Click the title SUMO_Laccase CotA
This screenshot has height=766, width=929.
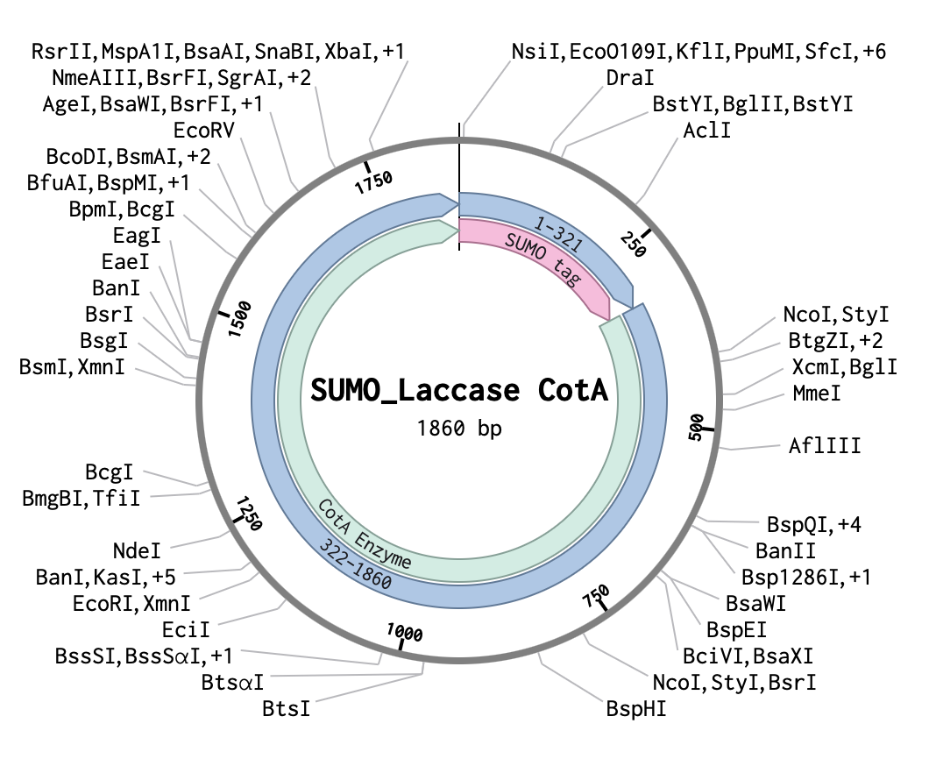459,390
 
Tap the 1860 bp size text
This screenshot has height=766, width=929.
459,428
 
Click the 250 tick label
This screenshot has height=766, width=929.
633,245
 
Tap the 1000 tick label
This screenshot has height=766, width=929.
405,632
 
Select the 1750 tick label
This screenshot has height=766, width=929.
373,182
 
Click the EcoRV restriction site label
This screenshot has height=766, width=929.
204,131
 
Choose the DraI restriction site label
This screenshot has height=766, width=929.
630,78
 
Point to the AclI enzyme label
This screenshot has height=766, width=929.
706,131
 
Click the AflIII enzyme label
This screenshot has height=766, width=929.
824,445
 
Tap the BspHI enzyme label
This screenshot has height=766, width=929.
635,708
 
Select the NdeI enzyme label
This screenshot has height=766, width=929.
137,551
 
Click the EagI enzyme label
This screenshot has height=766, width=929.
137,235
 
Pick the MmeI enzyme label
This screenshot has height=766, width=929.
817,393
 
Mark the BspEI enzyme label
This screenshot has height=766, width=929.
736,630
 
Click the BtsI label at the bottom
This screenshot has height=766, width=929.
287,708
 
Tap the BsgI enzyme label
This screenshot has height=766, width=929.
103,341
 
